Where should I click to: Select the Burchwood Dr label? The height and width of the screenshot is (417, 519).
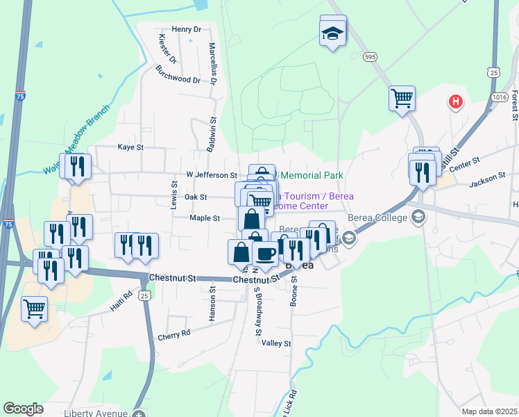(x=178, y=75)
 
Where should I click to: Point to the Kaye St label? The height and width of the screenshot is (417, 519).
(x=130, y=147)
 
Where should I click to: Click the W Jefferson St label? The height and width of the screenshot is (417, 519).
(x=212, y=175)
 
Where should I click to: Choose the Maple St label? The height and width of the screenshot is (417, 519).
(x=205, y=218)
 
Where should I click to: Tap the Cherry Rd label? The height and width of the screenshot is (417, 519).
(x=173, y=334)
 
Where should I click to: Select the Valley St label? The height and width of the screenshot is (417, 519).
(x=276, y=343)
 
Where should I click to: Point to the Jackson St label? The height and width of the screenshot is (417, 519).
(x=487, y=179)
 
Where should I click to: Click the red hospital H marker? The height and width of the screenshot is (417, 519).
(x=456, y=102)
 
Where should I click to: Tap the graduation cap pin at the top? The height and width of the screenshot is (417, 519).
(x=332, y=32)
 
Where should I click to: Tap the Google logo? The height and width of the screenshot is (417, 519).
(x=24, y=409)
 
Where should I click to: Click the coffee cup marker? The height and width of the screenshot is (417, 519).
(x=264, y=254)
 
